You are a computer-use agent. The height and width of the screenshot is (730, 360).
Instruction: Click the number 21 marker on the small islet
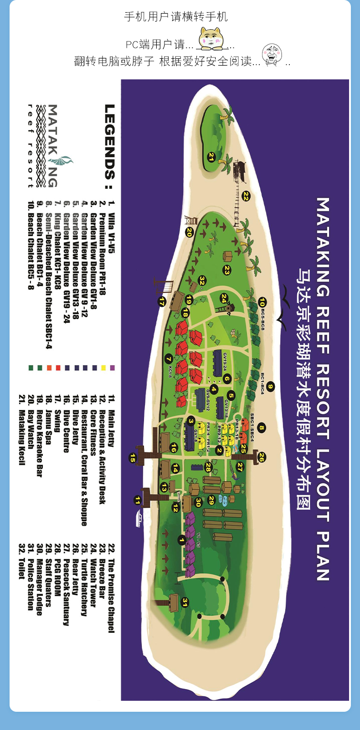pyautogui.click(x=211, y=157)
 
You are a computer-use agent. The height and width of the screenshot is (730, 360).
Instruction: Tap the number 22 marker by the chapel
pyautogui.click(x=246, y=196)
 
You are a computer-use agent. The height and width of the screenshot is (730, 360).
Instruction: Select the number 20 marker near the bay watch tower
pyautogui.click(x=190, y=232)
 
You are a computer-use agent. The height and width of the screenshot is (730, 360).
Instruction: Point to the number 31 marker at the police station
pyautogui.click(x=185, y=602)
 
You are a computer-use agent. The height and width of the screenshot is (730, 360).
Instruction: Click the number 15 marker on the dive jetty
pyautogui.click(x=133, y=458)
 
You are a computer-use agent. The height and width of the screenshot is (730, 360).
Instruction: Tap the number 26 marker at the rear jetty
pyautogui.click(x=261, y=457)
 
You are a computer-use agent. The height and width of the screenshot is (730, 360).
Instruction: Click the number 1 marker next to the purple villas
pyautogui.click(x=182, y=540)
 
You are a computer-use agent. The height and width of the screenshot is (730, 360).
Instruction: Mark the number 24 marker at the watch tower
pyautogui.click(x=224, y=298)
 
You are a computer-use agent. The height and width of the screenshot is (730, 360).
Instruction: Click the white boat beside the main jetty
pyautogui.click(x=139, y=518)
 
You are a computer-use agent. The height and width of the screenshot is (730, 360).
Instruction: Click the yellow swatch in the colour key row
pyautogui.click(x=104, y=368)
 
